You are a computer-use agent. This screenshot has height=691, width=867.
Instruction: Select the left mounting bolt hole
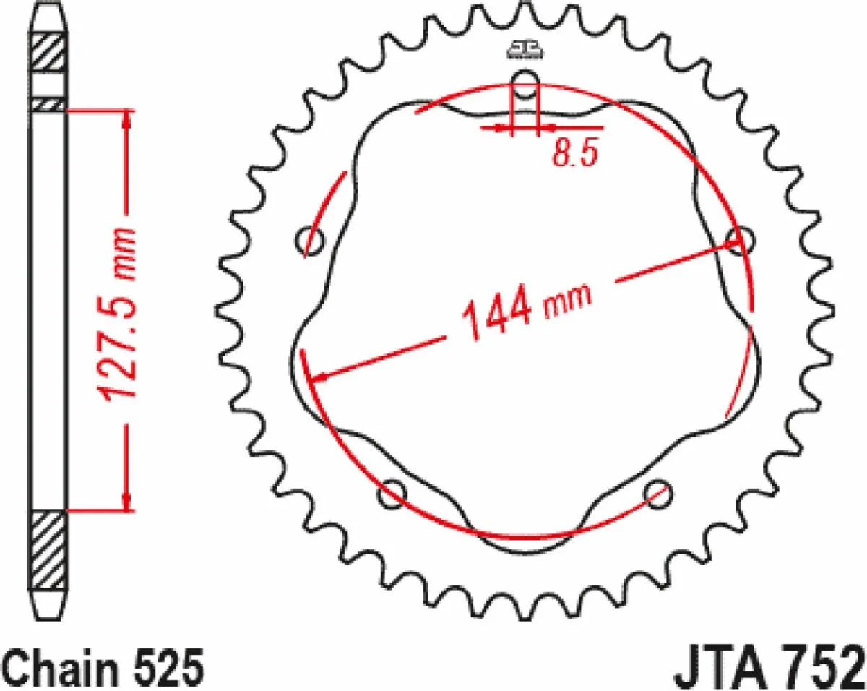tap(309, 241)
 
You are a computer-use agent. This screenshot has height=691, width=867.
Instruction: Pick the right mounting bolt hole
tap(741, 241)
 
